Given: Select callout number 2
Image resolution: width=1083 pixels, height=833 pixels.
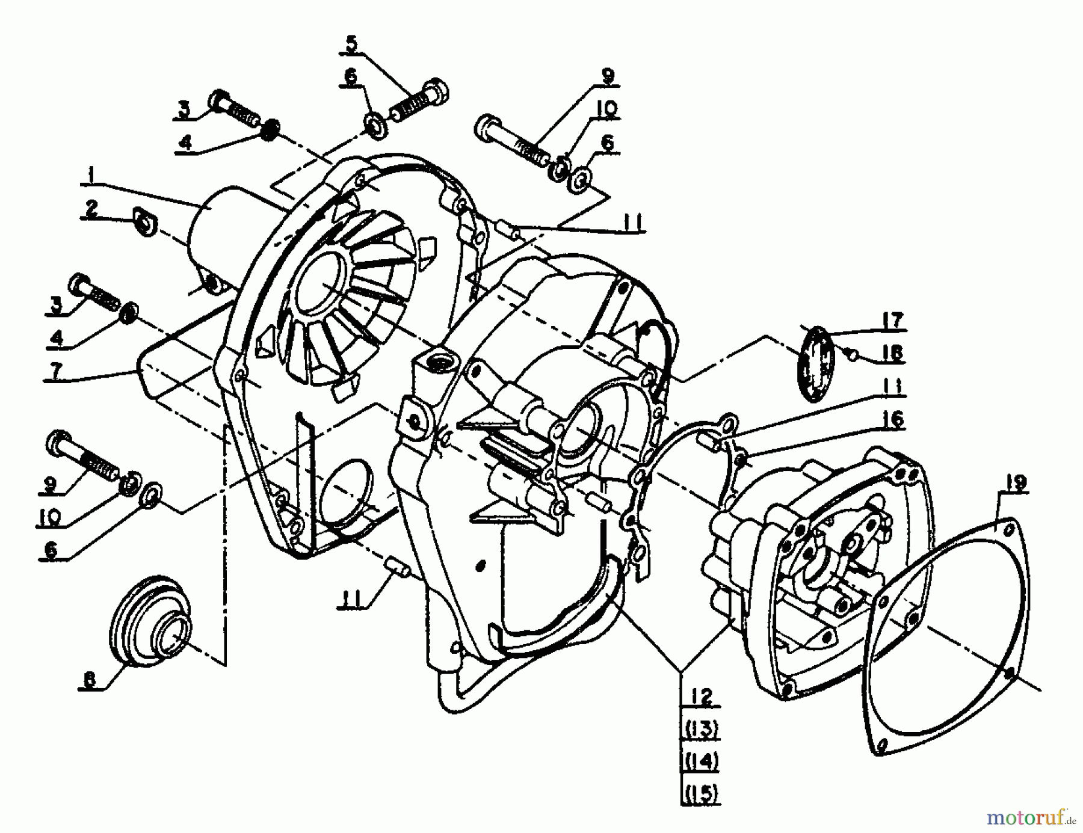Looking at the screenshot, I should click(x=91, y=209).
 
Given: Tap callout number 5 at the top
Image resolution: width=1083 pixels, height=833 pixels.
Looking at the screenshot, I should click(x=351, y=43).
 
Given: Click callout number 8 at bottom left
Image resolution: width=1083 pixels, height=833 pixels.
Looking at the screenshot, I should click(x=89, y=680).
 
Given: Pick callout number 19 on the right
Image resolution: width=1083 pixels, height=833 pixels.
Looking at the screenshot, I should click(x=1016, y=483).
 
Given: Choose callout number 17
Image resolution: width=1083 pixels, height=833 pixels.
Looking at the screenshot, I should click(x=893, y=320).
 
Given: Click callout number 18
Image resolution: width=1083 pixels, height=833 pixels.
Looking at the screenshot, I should click(x=893, y=352).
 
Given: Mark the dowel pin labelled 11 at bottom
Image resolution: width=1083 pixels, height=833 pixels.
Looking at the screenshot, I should click(x=396, y=567).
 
